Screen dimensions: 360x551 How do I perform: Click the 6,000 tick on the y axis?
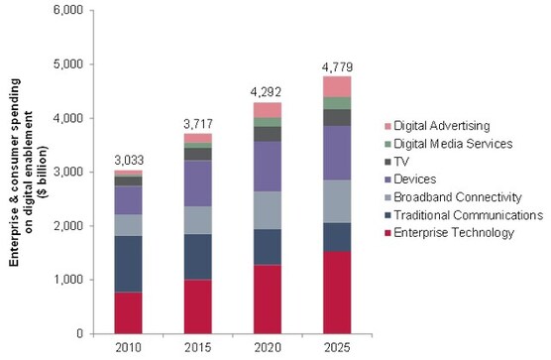click(x=70, y=11)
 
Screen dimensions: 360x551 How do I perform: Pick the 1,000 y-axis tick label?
click(x=70, y=280)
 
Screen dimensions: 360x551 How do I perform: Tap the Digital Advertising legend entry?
click(x=450, y=125)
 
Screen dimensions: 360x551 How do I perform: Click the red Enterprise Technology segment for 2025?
click(x=337, y=292)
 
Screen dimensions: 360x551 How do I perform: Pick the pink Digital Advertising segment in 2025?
click(x=337, y=86)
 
